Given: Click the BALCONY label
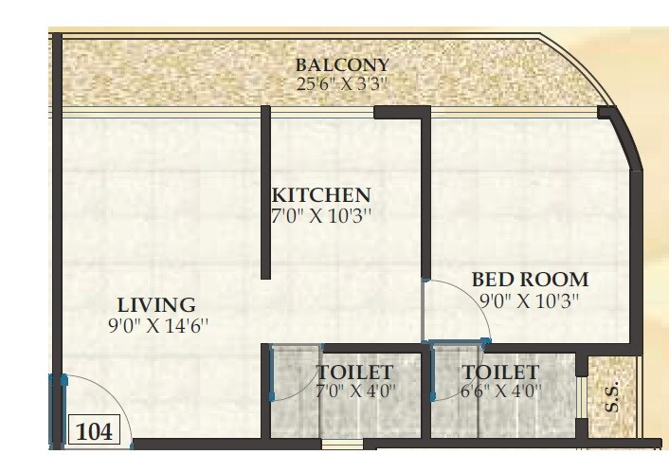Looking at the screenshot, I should (x=342, y=65).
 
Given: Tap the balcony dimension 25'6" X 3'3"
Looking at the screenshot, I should (x=342, y=83).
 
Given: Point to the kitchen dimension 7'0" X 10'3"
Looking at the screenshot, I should (x=320, y=215).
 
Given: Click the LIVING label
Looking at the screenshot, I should (x=156, y=305).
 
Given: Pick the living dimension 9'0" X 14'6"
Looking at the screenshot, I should (x=156, y=325).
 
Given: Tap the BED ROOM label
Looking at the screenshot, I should (x=530, y=280).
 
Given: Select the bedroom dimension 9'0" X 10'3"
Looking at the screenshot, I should (x=530, y=300).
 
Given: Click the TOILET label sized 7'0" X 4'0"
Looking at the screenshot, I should (x=354, y=372).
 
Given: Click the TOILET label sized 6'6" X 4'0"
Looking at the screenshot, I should (x=500, y=372).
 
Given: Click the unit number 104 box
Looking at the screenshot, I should (x=94, y=432).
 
